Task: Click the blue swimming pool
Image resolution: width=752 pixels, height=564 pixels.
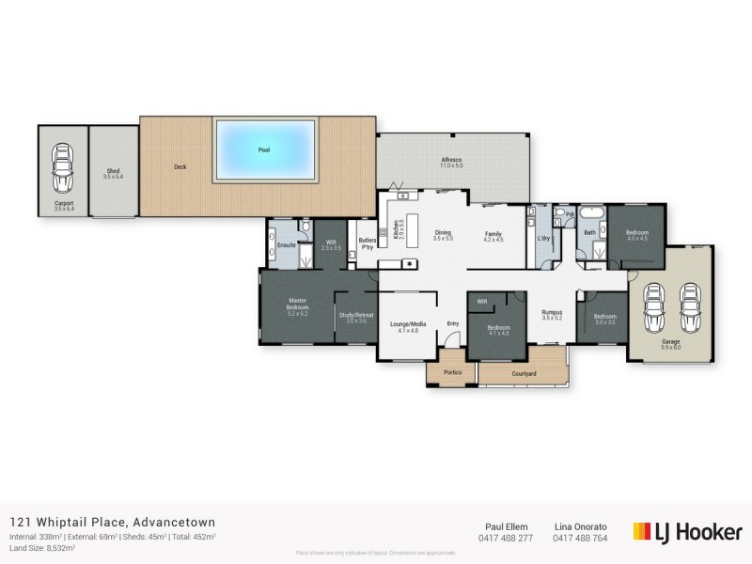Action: tap(263, 149)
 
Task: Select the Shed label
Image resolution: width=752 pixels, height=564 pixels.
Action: tap(113, 173)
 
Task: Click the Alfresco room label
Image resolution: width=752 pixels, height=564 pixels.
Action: tap(452, 162)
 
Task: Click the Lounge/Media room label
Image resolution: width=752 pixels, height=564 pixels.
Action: tap(408, 325)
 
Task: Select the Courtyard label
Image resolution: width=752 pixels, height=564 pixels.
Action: tap(524, 374)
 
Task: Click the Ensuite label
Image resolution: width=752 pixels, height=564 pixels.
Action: tap(287, 245)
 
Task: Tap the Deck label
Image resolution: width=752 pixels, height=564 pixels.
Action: tap(180, 167)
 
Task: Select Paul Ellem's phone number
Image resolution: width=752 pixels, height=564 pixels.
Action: tap(506, 538)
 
